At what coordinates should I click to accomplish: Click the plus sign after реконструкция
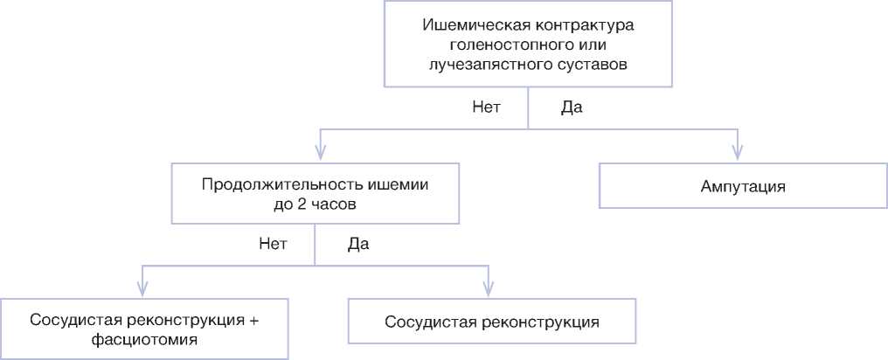[x=254, y=318]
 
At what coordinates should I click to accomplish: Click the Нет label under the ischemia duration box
[x=273, y=243]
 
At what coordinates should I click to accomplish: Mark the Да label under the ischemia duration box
[x=358, y=243]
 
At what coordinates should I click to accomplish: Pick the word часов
[x=330, y=206]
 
